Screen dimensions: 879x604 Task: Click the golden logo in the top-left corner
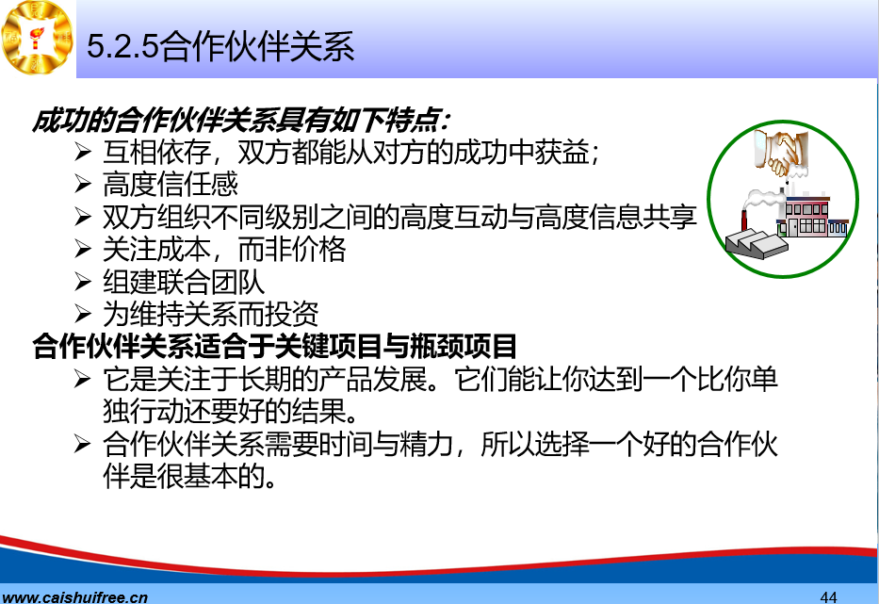[37, 38]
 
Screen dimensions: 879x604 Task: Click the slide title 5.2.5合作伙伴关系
[220, 46]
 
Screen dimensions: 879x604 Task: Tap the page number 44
[828, 596]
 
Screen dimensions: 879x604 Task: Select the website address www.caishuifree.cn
[74, 597]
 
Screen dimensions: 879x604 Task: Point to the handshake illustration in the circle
[781, 151]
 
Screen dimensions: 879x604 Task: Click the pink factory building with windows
[812, 217]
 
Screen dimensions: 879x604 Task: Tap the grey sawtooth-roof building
[756, 243]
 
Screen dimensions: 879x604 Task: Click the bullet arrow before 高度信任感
[82, 184]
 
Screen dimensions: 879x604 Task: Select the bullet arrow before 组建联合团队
[82, 282]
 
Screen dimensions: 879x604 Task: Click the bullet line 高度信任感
[171, 184]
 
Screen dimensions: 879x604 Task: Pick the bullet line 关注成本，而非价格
[224, 249]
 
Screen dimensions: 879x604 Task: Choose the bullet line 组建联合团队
[184, 282]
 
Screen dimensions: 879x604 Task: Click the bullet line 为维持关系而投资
[211, 314]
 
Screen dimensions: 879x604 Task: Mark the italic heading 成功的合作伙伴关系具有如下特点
[241, 120]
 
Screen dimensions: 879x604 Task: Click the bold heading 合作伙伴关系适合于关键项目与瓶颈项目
[274, 346]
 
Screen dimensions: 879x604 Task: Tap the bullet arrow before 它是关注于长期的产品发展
[82, 379]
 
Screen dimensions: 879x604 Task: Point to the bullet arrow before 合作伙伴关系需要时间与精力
[82, 444]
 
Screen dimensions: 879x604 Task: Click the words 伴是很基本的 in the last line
[189, 476]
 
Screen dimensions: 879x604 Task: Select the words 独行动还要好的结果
[231, 411]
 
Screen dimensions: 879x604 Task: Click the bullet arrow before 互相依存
[82, 152]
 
